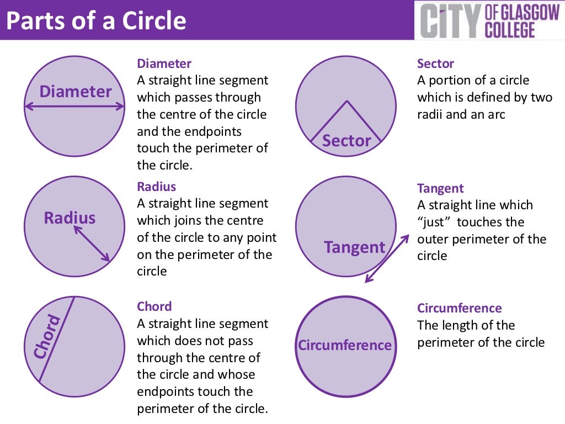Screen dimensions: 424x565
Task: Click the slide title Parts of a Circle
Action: click(x=96, y=21)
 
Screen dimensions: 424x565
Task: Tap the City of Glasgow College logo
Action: click(x=489, y=20)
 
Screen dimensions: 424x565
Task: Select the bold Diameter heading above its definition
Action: click(x=164, y=63)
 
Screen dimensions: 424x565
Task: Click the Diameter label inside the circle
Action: click(x=75, y=91)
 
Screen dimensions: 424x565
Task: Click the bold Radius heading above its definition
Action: click(x=156, y=187)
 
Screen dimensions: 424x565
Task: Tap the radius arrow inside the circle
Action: click(x=92, y=243)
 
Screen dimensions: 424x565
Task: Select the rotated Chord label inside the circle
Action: click(x=46, y=337)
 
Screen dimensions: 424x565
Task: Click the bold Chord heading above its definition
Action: click(x=154, y=306)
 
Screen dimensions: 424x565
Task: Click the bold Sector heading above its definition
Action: click(x=435, y=63)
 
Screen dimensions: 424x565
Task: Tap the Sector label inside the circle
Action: click(x=347, y=141)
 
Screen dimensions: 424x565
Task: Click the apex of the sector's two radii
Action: click(x=347, y=101)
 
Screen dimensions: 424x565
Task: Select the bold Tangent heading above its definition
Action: click(x=440, y=188)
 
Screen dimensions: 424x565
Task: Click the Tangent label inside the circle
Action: click(x=354, y=247)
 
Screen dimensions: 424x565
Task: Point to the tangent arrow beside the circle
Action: click(x=387, y=258)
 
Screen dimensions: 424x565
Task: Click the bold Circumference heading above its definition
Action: click(x=459, y=308)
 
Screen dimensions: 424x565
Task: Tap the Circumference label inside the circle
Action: click(x=345, y=346)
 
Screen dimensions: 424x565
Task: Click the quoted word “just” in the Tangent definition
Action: click(x=435, y=222)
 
